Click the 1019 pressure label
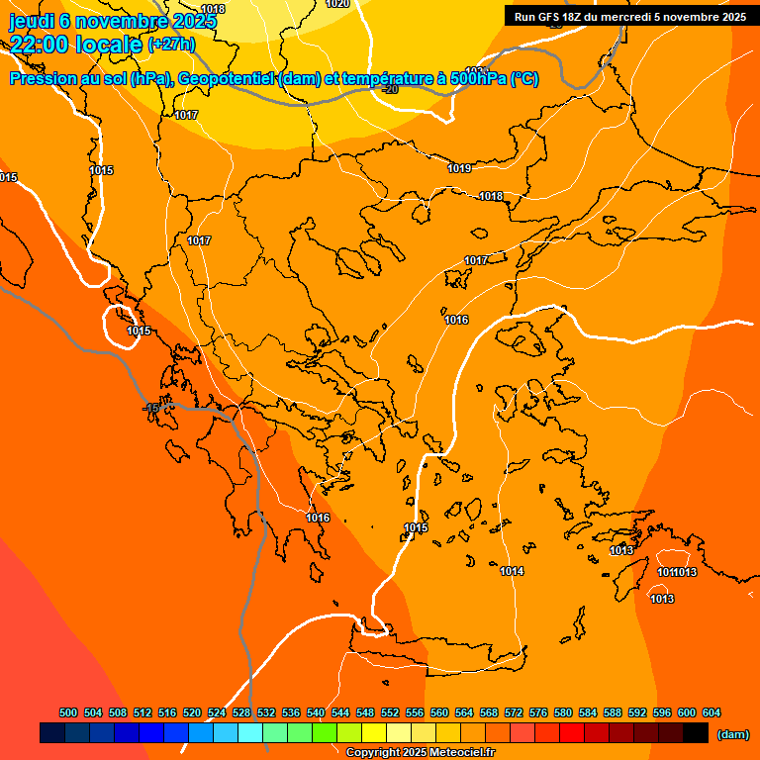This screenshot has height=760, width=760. click(x=459, y=168)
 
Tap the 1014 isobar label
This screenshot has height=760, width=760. click(x=512, y=571)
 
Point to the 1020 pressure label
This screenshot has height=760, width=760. click(x=337, y=4)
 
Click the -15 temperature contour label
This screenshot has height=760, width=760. click(x=150, y=408)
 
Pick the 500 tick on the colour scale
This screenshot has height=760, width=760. click(x=68, y=712)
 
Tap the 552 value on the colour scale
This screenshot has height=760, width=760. click(x=390, y=712)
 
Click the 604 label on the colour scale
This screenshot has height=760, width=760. click(x=712, y=712)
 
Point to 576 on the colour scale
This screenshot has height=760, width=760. click(x=538, y=712)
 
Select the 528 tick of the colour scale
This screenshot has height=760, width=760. click(x=241, y=712)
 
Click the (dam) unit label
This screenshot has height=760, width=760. click(x=732, y=733)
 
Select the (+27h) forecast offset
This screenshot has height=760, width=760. click(x=171, y=44)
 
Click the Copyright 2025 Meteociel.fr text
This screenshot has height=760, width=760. click(x=420, y=753)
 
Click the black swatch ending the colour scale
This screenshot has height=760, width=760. click(x=696, y=733)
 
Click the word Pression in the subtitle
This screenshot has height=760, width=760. click(x=44, y=79)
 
